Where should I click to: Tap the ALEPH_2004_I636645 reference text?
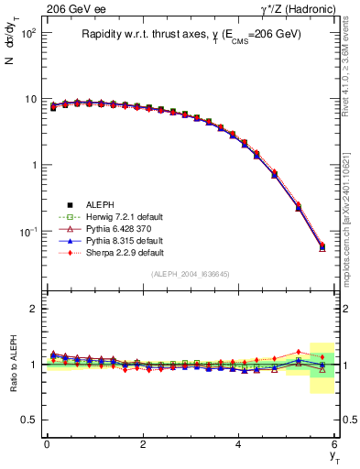tap(190, 274)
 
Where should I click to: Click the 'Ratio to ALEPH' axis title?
tap(12, 364)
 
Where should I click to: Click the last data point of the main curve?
tap(321, 246)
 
